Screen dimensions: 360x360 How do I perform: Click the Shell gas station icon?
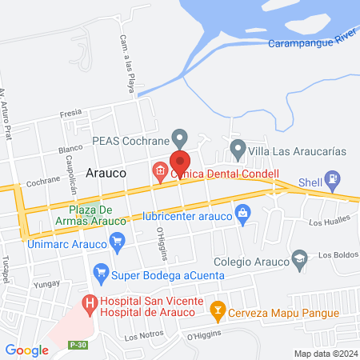[332, 180]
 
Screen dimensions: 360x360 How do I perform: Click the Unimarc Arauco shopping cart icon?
[118, 239]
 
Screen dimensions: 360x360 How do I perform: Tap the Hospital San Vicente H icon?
[88, 304]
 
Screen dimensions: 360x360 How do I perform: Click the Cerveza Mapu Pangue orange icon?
[216, 308]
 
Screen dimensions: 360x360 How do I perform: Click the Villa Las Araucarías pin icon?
[237, 147]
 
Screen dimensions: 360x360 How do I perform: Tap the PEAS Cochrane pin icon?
[181, 139]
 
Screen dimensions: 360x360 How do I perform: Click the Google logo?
[26, 350]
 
